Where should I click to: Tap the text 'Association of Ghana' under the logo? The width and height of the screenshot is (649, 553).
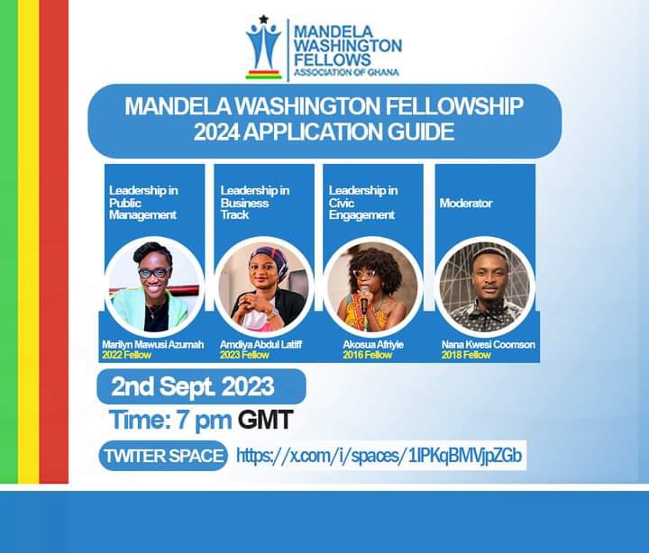coord(346,72)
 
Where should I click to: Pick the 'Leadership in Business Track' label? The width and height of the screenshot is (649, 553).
coord(255,203)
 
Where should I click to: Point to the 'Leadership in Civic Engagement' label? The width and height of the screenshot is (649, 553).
coord(362,203)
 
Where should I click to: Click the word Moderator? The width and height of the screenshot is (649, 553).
coord(466,204)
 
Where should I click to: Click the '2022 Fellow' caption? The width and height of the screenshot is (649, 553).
coord(126,355)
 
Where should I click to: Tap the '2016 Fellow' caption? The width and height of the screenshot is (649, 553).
coord(367,355)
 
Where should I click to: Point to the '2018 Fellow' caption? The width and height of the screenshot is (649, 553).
coord(466,355)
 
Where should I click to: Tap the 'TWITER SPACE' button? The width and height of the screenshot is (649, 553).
coord(163,456)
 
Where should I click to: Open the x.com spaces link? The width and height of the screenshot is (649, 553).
coord(379,456)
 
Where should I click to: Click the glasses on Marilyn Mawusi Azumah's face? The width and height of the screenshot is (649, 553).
coord(153,272)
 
